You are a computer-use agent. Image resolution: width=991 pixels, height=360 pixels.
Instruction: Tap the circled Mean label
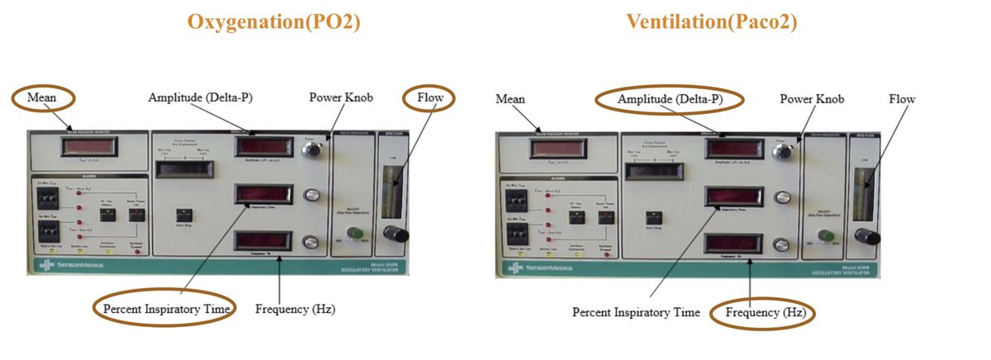point(40,98)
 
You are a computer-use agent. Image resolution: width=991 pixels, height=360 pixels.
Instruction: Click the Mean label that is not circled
point(510,99)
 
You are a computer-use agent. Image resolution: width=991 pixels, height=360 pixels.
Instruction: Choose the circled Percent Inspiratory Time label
point(164,308)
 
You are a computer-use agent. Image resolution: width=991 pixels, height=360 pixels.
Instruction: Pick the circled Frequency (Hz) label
point(764,313)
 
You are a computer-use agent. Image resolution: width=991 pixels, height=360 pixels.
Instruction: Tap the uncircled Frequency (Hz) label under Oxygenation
point(295,310)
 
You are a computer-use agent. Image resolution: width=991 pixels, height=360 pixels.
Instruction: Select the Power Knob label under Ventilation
point(812,99)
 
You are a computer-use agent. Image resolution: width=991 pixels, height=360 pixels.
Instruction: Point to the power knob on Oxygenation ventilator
point(311,149)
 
